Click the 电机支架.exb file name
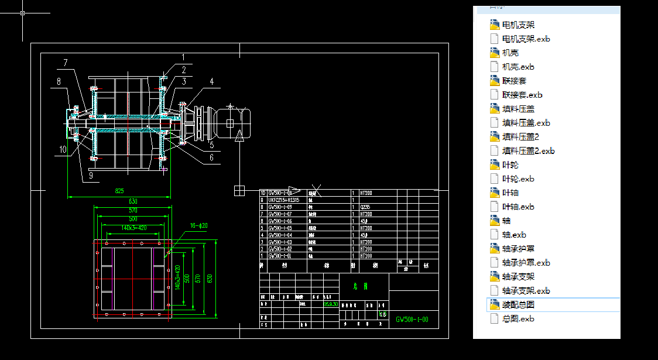(x=526, y=39)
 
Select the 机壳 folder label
(x=510, y=53)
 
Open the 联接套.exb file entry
(x=522, y=95)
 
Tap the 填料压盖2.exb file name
(x=529, y=151)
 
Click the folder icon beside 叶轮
(x=494, y=165)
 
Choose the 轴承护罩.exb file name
(x=526, y=263)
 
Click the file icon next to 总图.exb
(x=494, y=319)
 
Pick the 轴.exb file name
(x=514, y=235)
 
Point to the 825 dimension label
(x=119, y=191)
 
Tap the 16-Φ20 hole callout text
(x=198, y=225)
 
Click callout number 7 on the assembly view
(x=66, y=62)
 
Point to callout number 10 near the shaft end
(x=63, y=149)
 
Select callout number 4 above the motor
(x=212, y=81)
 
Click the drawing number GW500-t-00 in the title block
(x=412, y=320)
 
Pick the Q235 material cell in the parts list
(x=365, y=207)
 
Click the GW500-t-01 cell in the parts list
(x=279, y=256)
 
